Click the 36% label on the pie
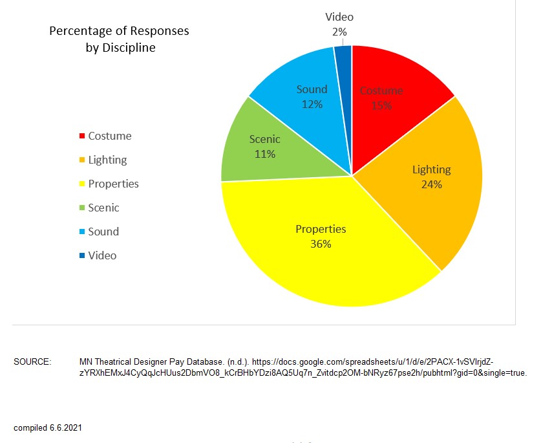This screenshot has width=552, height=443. (321, 244)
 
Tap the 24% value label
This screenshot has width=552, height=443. (431, 184)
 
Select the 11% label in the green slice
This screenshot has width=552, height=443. (265, 154)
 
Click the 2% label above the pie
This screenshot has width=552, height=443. (339, 32)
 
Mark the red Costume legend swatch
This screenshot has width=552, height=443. (82, 136)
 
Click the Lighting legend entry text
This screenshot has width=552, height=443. (107, 160)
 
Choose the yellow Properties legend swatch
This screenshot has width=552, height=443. (82, 184)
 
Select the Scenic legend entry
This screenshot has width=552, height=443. (103, 208)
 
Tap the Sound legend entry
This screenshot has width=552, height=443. (103, 232)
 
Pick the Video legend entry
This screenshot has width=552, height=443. (102, 255)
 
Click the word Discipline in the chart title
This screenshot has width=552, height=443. (128, 48)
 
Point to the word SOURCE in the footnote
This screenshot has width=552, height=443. (32, 362)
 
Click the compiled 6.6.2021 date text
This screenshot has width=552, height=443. (48, 427)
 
